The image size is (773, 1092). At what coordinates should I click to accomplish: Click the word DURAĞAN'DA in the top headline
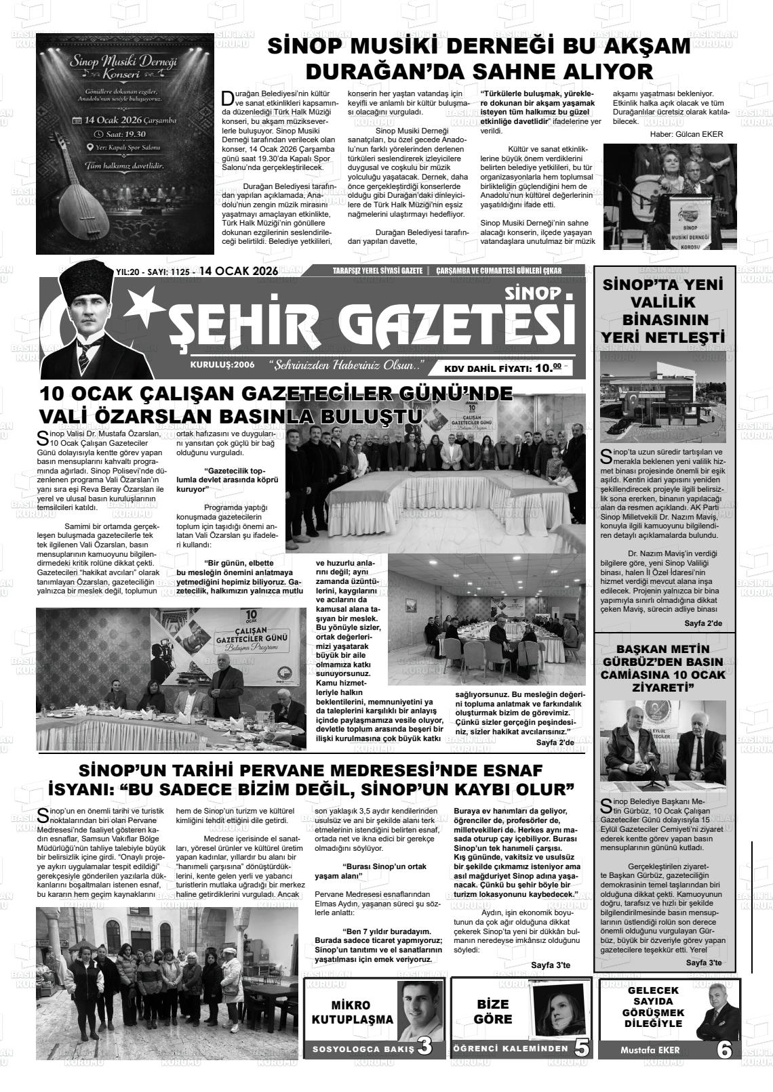[x=377, y=71]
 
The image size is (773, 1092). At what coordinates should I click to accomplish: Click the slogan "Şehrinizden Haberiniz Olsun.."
[x=346, y=366]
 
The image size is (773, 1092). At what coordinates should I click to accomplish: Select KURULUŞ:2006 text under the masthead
[x=222, y=364]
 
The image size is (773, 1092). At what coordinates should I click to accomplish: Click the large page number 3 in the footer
[x=424, y=1047]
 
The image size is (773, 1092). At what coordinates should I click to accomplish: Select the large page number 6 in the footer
[x=724, y=1049]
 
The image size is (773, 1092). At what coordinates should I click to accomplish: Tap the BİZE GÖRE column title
[x=493, y=1011]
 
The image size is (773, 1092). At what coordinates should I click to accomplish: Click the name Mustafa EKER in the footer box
[x=649, y=1050]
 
